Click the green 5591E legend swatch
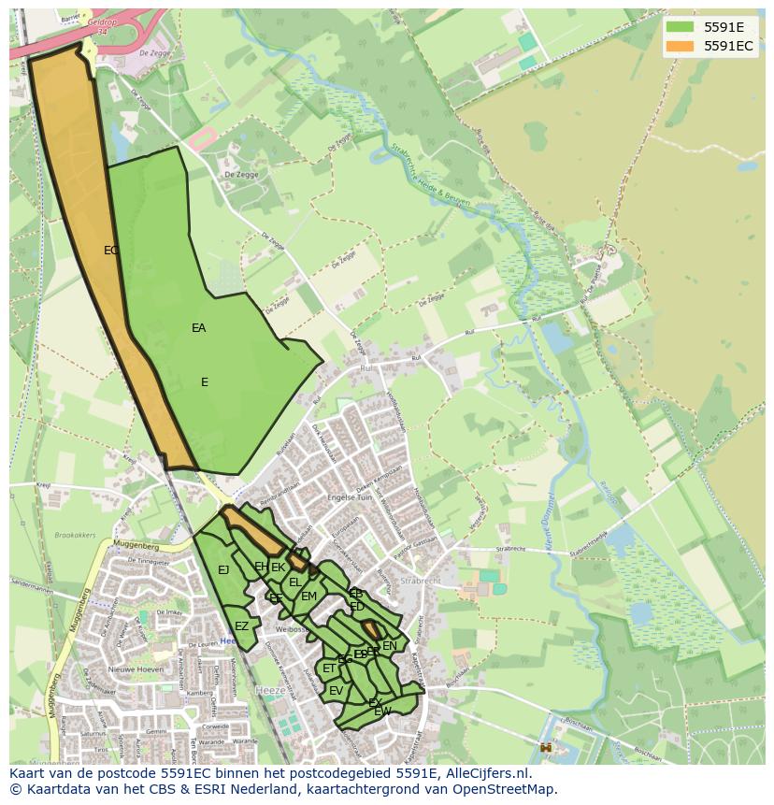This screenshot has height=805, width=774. coord(680,27)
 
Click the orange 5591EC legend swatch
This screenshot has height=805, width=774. coord(680,46)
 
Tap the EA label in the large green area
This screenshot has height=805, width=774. coord(198,328)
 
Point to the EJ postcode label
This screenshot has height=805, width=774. coord(223,570)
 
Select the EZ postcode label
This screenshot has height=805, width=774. coord(241,626)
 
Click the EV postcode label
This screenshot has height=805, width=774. coord(336,691)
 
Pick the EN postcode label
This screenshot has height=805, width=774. coord(390,646)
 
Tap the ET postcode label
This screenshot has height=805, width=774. coord(329,668)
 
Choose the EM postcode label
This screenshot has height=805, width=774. coord(308,597)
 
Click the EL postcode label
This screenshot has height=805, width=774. coord(294,582)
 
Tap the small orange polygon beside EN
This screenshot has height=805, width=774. coord(370,628)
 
